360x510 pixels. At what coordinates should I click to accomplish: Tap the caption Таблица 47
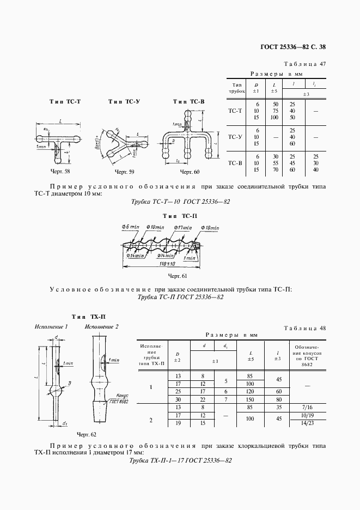pos(307,64)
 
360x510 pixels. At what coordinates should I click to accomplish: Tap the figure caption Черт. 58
pos(60,172)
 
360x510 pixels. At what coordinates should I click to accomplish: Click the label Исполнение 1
pos(51,326)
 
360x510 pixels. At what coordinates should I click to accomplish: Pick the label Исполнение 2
pos(101,326)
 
